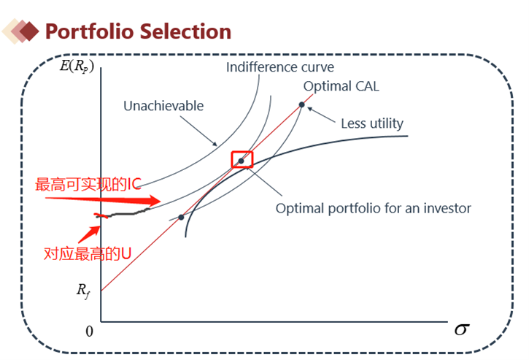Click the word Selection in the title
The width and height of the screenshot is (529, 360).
click(186, 31)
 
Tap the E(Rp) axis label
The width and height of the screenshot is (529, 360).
click(77, 66)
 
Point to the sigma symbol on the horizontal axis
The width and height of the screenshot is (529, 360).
click(462, 329)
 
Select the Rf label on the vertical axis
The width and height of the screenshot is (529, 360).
click(83, 291)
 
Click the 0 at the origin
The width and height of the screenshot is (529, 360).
click(89, 332)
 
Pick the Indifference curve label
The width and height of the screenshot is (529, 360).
click(280, 67)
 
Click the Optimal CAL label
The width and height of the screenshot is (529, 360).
click(341, 86)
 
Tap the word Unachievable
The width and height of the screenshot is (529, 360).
click(163, 106)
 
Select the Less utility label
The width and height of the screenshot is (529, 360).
click(372, 123)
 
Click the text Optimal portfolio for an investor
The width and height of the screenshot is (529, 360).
click(373, 208)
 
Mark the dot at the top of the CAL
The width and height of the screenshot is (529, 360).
click(301, 104)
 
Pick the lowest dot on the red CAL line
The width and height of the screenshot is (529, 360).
click(181, 217)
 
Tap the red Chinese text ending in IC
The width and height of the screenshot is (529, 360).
click(88, 185)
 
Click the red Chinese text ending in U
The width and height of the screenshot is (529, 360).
click(88, 253)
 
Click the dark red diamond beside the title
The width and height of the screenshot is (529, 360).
click(29, 31)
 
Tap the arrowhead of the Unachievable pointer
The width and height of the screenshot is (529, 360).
click(215, 144)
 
